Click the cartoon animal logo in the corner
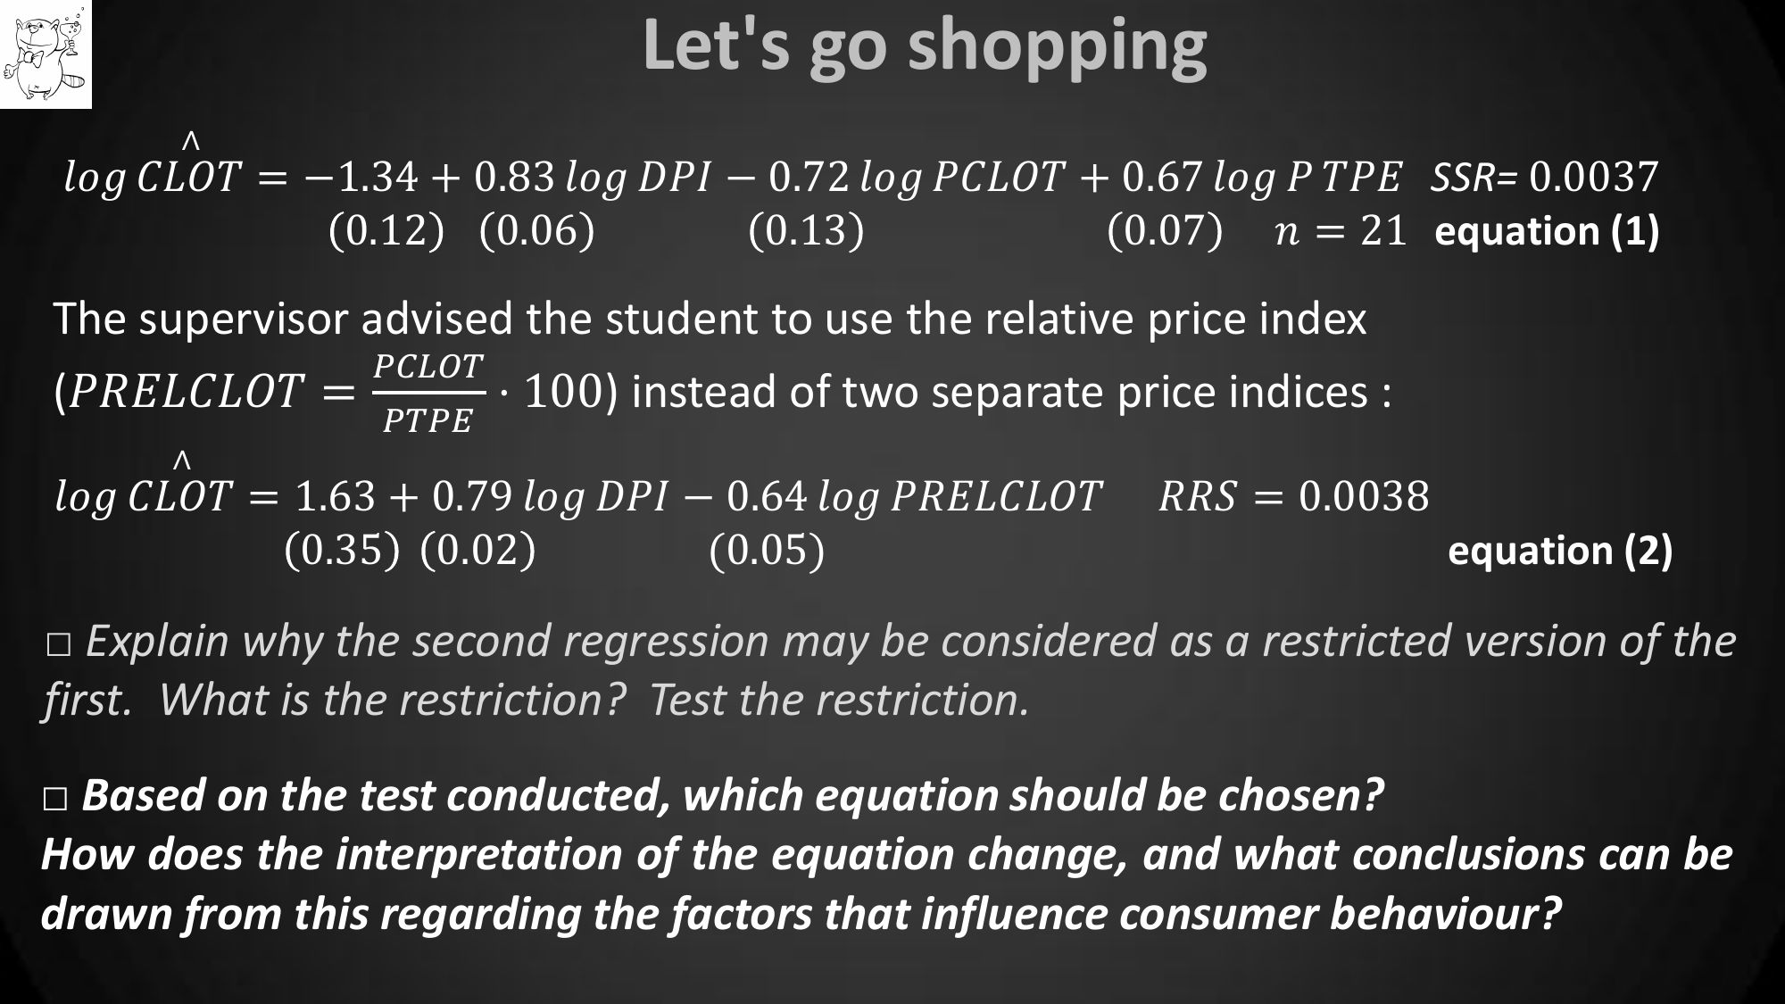(x=46, y=54)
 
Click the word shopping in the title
(x=1058, y=48)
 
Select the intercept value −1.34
(x=361, y=177)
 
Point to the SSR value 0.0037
(x=1594, y=177)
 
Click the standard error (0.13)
(x=806, y=231)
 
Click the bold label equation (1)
(x=1547, y=232)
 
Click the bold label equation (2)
(x=1560, y=551)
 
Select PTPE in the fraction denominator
(x=428, y=420)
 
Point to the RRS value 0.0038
(x=1364, y=496)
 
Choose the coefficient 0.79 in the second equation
(x=472, y=496)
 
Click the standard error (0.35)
(x=342, y=550)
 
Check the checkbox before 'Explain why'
(x=59, y=647)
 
